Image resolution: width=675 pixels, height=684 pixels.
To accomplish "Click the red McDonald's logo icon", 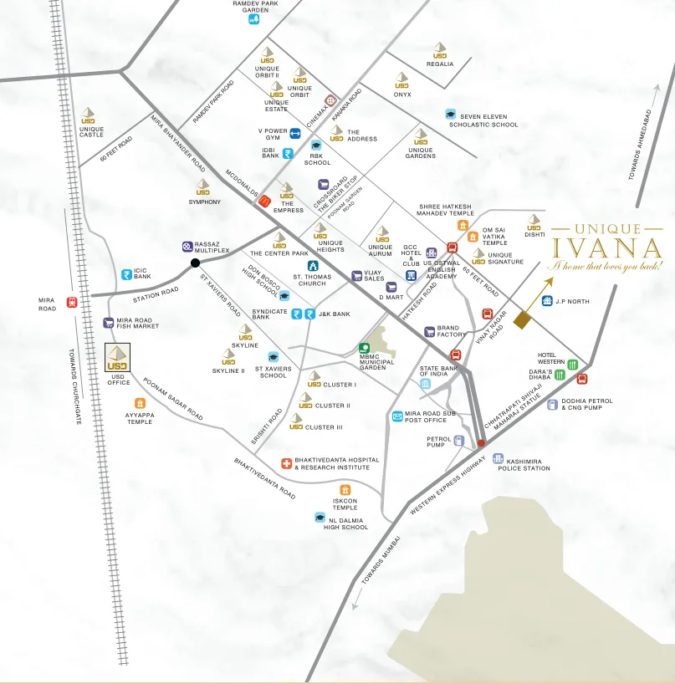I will pos(265,200).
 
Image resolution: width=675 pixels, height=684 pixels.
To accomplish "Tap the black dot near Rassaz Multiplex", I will pos(195,263).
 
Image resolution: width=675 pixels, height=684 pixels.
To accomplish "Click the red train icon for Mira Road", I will pos(72,302).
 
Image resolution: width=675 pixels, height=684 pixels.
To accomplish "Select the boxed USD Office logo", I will pos(118,357).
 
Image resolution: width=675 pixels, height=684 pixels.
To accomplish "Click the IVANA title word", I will pos(608,248).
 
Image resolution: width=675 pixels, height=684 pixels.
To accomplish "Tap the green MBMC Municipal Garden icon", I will pos(364,348).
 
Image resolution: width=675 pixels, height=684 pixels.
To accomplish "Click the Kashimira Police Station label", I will pos(524,464).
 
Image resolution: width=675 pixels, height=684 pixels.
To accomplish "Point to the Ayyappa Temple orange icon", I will pos(140,403).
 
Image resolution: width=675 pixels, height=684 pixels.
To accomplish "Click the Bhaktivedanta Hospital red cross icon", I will pos(286,463).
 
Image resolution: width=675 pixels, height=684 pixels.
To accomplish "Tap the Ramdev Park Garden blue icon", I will pos(254,19).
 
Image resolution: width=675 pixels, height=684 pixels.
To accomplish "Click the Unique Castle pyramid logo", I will pos(89,115).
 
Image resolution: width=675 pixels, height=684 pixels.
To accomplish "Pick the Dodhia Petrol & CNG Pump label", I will pos(586,405).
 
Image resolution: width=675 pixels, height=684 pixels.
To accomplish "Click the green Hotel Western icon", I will pos(573,364).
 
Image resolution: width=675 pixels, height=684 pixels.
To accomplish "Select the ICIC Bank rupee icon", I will pos(127,273).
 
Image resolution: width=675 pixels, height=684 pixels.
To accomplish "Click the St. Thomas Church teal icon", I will pos(313,266).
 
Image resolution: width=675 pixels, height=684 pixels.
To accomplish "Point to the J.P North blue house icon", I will pos(548,301).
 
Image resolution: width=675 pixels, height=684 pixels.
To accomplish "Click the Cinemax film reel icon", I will pos(331,101).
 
